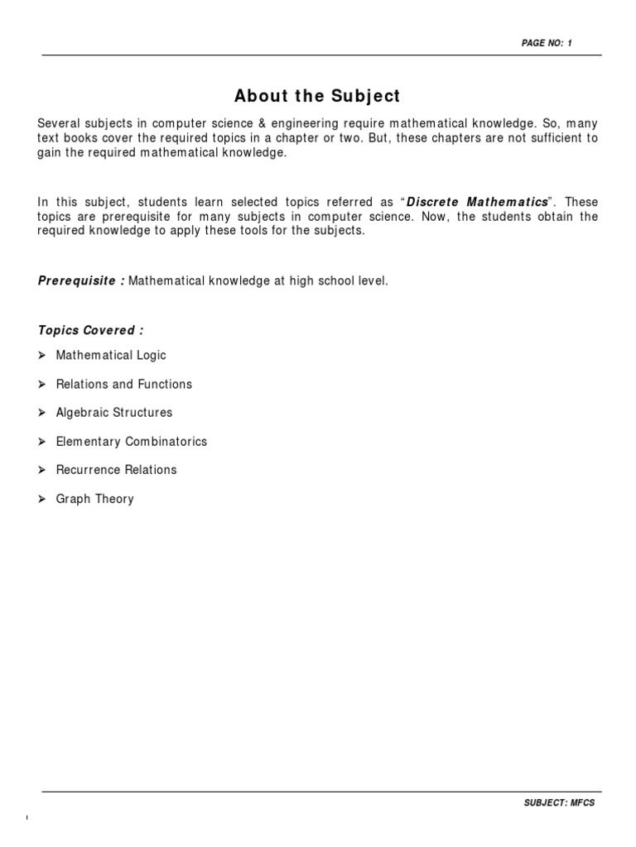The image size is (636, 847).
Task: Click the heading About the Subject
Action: coord(317,96)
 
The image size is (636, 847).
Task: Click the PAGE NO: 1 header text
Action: coord(547,43)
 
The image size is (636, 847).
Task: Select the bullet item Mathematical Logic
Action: coord(111,356)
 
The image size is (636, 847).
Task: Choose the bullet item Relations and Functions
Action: coord(123,385)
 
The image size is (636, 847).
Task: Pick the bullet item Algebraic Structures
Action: coord(114,413)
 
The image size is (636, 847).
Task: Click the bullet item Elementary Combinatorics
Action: coord(132,442)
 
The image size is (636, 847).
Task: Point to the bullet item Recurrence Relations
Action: coord(116,470)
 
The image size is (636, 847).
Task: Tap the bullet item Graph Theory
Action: coord(94,500)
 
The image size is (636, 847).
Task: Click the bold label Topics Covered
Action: coord(90,331)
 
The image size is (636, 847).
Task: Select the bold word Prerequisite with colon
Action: coord(81,281)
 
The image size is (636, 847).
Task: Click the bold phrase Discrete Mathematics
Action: coord(478,203)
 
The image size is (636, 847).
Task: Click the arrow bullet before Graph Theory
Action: coord(43,499)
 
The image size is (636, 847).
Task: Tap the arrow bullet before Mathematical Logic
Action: coord(43,356)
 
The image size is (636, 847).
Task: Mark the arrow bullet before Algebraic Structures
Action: coord(43,413)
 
